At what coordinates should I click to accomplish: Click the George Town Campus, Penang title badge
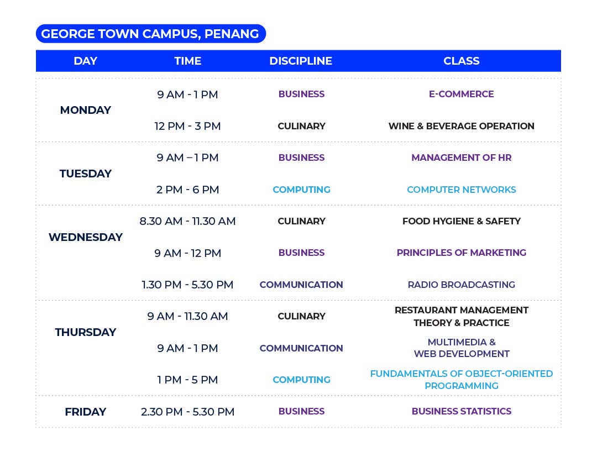coord(151,34)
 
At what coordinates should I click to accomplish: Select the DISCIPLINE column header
coord(301,61)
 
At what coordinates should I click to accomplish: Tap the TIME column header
coord(188,61)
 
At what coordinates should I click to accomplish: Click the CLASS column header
coord(462,61)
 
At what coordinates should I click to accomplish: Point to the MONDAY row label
coord(86,110)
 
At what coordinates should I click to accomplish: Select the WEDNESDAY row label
coord(86,237)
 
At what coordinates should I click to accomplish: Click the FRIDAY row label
coord(86,412)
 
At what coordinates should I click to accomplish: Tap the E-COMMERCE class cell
coord(462,94)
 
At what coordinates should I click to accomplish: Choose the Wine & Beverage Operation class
coord(462,126)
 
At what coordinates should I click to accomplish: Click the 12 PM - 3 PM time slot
coord(188,126)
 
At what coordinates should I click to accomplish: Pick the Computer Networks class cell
coord(462,190)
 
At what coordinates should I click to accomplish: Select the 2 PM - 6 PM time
coord(188,190)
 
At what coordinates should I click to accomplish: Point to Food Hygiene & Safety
coord(462,221)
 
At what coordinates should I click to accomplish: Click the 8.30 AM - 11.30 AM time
coord(188,221)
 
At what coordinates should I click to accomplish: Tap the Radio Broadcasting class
coord(462,285)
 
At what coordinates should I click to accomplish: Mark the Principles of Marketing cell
coord(462,253)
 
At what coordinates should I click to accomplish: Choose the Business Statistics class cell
coord(462,411)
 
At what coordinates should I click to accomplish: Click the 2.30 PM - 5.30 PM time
coord(188,412)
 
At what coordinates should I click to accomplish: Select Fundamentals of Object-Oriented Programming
coord(462,380)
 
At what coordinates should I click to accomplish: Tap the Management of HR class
coord(462,158)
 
